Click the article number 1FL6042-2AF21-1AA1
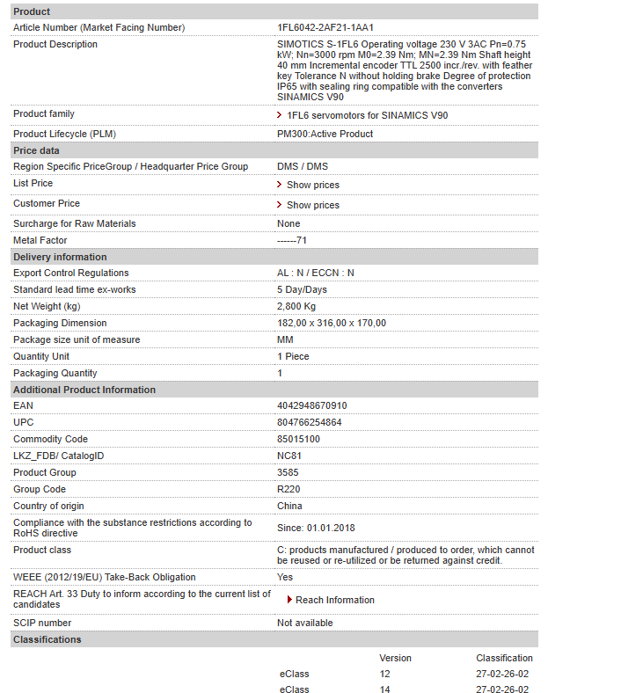pos(325,27)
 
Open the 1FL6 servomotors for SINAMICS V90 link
pos(367,115)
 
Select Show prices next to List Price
pos(312,185)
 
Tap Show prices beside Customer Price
pos(312,205)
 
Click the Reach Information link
pos(334,600)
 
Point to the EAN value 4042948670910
pos(311,405)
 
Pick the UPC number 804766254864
pos(309,422)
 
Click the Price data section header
pos(36,150)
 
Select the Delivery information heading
pos(60,257)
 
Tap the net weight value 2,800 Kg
pos(296,306)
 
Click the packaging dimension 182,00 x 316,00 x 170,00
pos(331,323)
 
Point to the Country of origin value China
pos(289,506)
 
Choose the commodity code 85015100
pos(298,439)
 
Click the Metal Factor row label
pos(40,240)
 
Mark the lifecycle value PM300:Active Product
pos(325,134)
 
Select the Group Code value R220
pos(289,489)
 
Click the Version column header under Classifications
pos(395,658)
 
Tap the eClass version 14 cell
pos(384,689)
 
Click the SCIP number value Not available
pos(304,623)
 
